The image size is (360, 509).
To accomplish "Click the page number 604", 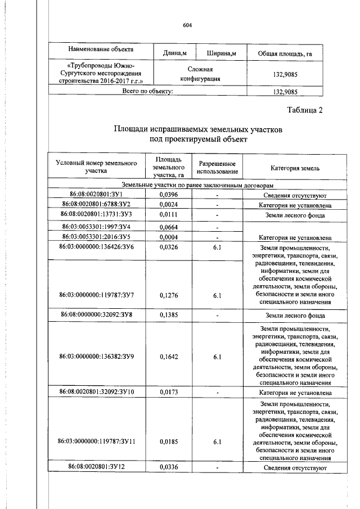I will [188, 24].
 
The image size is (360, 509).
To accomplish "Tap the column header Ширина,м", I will [222, 53].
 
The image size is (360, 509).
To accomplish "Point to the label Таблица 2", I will [304, 110].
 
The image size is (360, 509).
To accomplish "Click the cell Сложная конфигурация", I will [196, 74].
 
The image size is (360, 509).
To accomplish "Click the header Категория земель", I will [295, 168].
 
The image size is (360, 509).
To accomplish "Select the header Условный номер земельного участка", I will [97, 166].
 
